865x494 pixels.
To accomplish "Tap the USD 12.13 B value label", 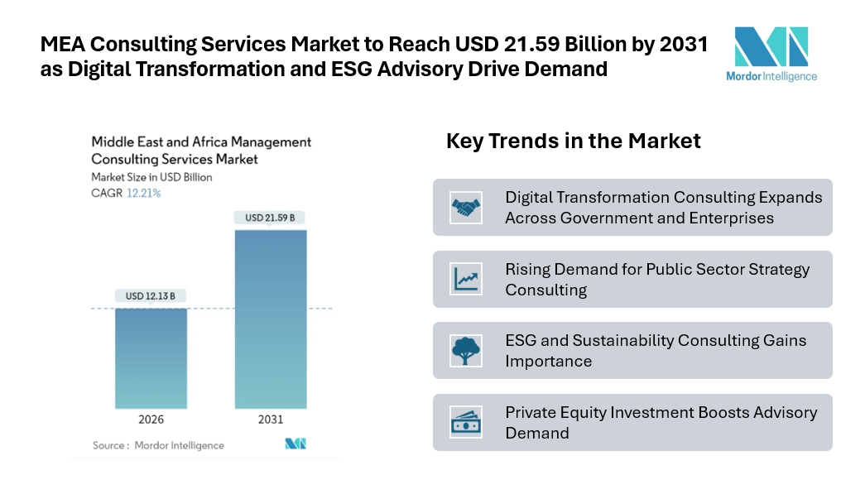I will (151, 296).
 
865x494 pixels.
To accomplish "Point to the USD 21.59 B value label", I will (270, 218).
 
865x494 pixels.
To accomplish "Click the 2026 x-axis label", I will (151, 420).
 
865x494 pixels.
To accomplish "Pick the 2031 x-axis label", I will (271, 420).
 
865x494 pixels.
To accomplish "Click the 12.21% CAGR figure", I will (143, 193).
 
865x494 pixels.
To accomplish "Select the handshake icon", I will (466, 207).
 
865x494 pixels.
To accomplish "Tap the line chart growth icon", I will (466, 279).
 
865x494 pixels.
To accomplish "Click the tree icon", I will (466, 350).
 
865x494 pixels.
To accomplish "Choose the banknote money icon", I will (466, 422).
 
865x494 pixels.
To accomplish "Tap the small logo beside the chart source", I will (296, 444).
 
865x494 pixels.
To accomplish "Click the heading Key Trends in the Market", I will (573, 141).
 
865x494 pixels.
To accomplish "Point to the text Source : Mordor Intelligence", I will (158, 445).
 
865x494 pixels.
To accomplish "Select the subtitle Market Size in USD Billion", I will (151, 177).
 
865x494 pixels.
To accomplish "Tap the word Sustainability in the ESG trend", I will (607, 340).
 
